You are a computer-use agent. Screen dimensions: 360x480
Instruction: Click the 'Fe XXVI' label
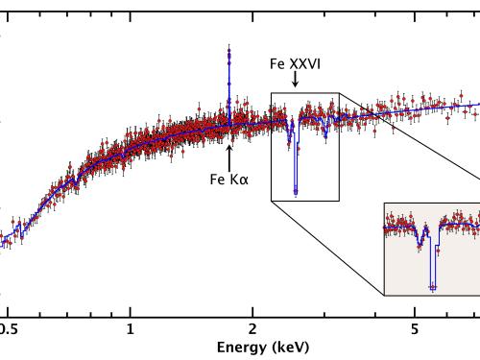click(x=295, y=64)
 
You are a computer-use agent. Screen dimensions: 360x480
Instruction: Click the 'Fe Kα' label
click(x=228, y=178)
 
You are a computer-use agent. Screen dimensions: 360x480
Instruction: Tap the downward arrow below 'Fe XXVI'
click(x=295, y=83)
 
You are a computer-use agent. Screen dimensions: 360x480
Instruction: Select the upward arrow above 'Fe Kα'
click(x=228, y=154)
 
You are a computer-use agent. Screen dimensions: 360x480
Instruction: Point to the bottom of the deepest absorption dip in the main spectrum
click(x=295, y=193)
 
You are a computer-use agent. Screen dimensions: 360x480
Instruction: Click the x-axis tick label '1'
click(x=131, y=328)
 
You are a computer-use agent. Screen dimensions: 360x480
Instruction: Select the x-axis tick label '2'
click(x=252, y=328)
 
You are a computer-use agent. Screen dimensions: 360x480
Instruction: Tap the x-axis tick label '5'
click(x=414, y=328)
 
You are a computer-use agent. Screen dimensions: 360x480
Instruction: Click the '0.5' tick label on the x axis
click(x=9, y=328)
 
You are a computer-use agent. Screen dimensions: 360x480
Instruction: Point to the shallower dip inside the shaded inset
click(x=420, y=247)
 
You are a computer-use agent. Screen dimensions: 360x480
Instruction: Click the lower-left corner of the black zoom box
click(x=272, y=201)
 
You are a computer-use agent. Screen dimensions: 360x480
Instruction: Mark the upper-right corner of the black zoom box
click(x=339, y=93)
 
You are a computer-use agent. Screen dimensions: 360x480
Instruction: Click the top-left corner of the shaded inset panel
click(x=384, y=204)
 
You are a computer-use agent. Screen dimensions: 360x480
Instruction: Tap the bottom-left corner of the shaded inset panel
click(x=384, y=295)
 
